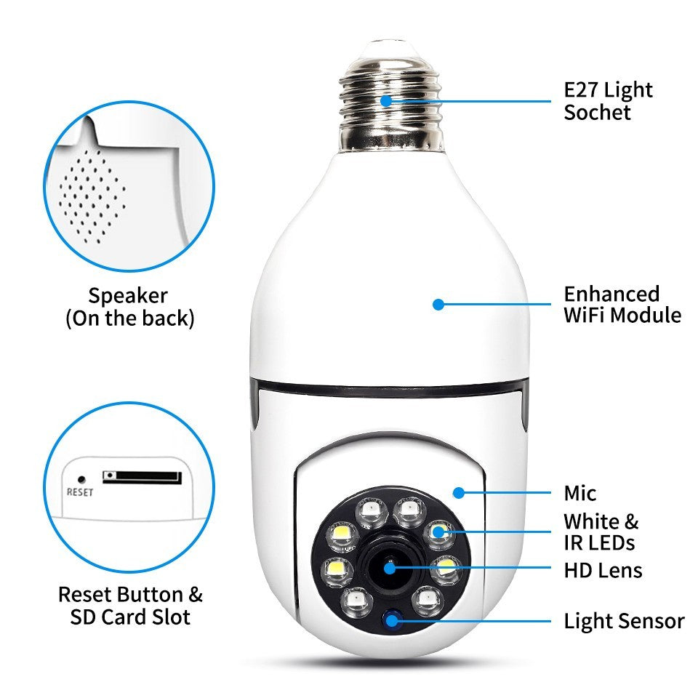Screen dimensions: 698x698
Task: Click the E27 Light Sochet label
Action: coord(609,101)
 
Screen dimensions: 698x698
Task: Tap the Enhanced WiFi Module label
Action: coord(622,305)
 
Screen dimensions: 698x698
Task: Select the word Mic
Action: coord(580,494)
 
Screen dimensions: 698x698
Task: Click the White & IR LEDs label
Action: coord(601,531)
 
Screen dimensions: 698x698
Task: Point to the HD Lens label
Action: coord(603,570)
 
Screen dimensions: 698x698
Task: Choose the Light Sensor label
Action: coord(624,622)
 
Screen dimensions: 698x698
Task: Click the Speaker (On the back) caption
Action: coord(130,307)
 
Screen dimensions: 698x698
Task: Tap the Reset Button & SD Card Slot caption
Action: coord(130,606)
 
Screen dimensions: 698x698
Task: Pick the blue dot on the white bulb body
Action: coord(438,305)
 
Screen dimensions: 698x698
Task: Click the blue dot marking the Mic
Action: coord(458,492)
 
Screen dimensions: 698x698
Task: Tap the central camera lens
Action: coord(390,566)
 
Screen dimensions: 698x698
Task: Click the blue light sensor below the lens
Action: coord(393,620)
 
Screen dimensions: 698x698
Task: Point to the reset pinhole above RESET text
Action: coord(81,480)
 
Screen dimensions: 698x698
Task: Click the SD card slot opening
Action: coord(142,477)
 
